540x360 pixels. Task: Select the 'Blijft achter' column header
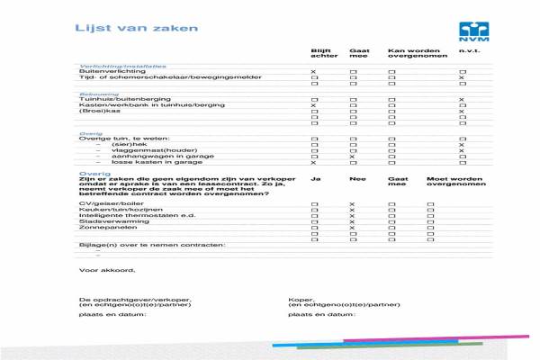[320, 53]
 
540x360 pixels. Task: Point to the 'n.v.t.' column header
[468, 50]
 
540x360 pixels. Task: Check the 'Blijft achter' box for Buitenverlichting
[313, 71]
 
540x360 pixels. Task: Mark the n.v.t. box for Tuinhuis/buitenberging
[462, 99]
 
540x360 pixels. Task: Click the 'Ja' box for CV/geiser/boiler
[313, 205]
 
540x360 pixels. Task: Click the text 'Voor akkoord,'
[106, 270]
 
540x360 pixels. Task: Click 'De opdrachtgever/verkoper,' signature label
[135, 299]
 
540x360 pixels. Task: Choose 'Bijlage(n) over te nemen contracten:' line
[152, 245]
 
